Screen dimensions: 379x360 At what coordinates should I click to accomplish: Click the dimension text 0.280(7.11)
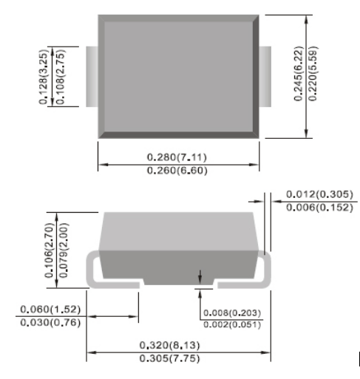coord(179,156)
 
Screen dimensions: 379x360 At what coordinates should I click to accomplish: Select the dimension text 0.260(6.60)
coord(179,170)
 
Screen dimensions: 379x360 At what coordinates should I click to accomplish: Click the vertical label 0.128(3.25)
coord(44,75)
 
